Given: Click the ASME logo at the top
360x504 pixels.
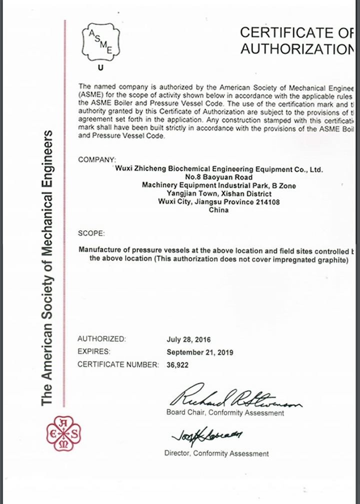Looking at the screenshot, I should [x=100, y=41].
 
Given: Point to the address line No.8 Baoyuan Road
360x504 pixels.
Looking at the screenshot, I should [x=218, y=177].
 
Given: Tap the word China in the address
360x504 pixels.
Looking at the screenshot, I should [x=218, y=210].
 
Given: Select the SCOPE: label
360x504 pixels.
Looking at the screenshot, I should [x=91, y=234].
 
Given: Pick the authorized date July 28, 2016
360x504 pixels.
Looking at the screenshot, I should [x=189, y=339].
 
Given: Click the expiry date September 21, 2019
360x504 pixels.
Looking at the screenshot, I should [x=199, y=352].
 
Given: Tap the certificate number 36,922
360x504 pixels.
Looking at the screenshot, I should [x=177, y=365].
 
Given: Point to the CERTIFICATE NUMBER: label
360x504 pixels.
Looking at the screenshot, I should [x=118, y=365].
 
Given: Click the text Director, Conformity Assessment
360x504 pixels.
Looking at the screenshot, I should [x=216, y=453].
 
